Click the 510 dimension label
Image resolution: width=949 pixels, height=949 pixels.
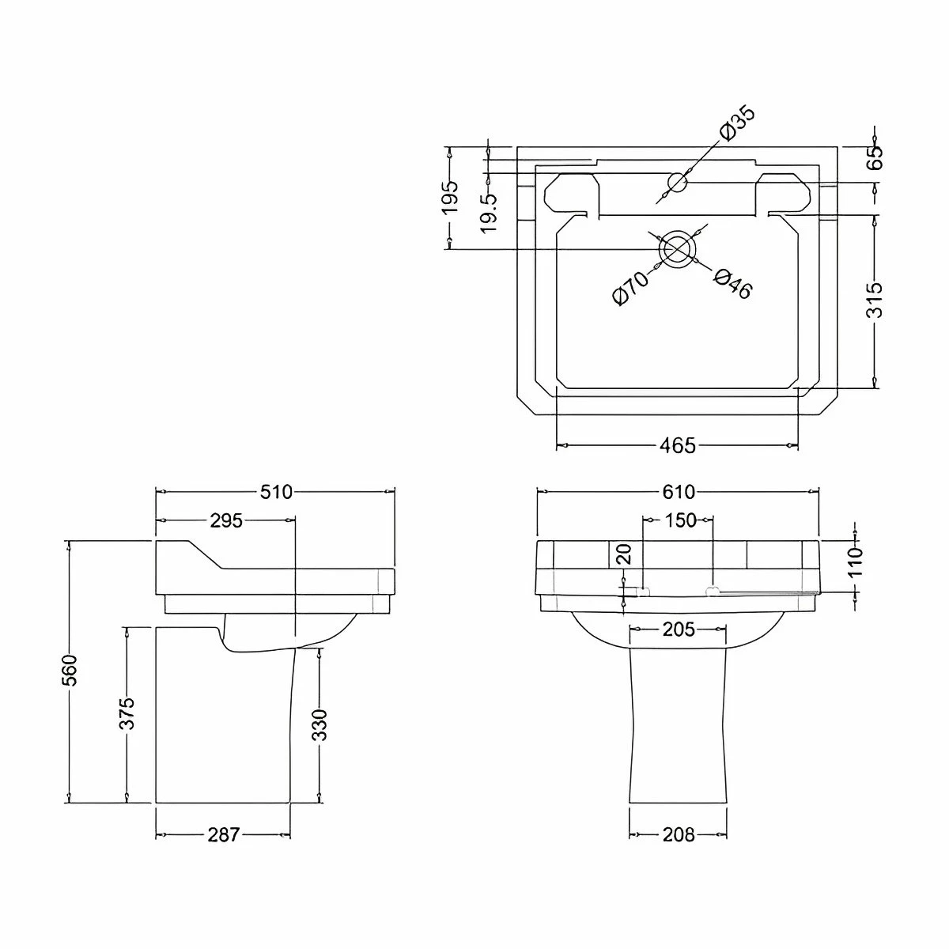(276, 492)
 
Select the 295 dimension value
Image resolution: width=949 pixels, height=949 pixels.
(226, 520)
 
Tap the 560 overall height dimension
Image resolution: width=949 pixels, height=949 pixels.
(70, 670)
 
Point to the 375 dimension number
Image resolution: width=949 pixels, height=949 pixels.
(127, 713)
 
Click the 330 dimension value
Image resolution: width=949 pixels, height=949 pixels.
(319, 725)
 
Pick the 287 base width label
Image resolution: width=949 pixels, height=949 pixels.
(223, 834)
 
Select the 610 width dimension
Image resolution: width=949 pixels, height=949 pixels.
(678, 492)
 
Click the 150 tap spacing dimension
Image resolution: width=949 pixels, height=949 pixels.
(680, 520)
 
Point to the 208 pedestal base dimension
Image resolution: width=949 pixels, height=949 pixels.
(678, 834)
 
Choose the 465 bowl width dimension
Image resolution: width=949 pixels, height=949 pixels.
(678, 446)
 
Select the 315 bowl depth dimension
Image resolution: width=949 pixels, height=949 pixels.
(875, 301)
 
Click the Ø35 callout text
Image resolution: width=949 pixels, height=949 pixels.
(737, 124)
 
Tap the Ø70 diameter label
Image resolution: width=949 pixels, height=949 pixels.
(630, 288)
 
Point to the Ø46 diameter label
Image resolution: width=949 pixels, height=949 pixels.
(732, 284)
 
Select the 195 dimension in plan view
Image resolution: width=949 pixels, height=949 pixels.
(449, 198)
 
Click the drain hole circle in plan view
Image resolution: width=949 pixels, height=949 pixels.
(677, 248)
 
